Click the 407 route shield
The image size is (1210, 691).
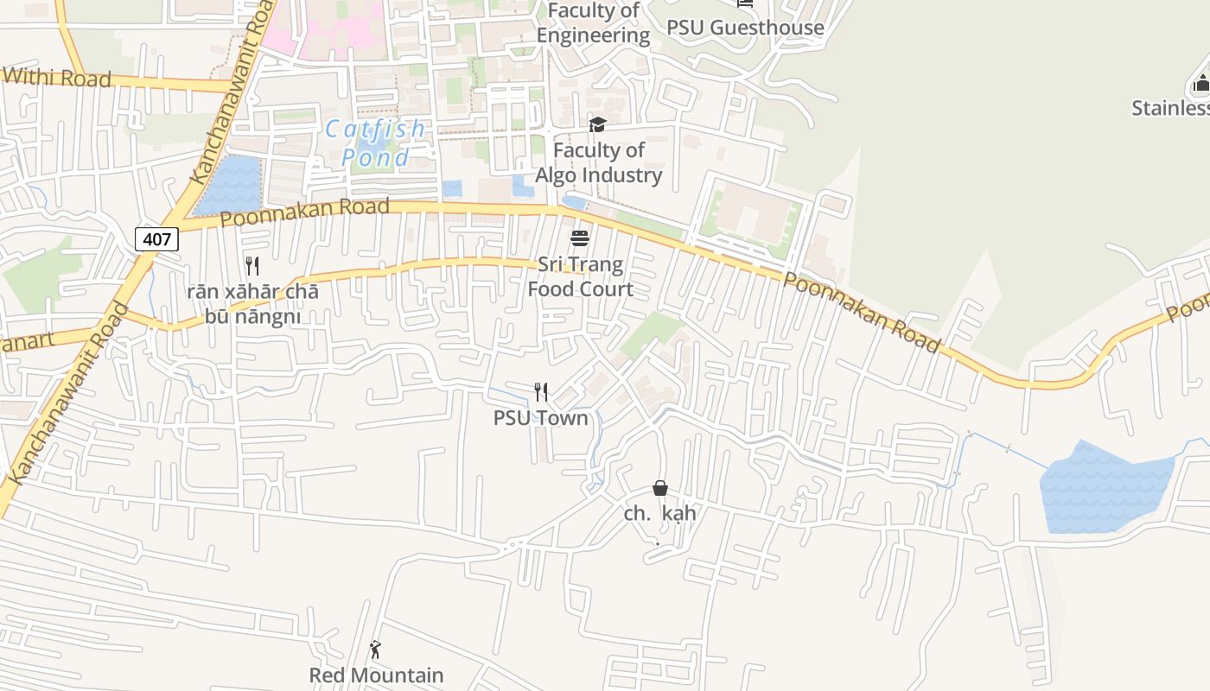point(156,238)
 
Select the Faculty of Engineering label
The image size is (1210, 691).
point(593,23)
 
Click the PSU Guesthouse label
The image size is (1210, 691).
point(745,28)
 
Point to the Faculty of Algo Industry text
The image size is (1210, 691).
point(599,162)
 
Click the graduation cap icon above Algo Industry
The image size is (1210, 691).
point(597,125)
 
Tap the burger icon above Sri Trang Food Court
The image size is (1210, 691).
point(580,238)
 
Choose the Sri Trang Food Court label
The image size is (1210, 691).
point(580,276)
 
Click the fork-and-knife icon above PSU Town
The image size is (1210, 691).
point(541,392)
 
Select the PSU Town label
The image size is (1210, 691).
point(540,418)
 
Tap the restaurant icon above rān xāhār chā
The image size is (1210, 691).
point(252,265)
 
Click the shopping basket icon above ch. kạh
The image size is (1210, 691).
point(660,488)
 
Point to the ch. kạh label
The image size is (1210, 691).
point(660,513)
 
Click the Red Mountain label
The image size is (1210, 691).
point(376,675)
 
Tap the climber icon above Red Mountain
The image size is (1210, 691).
point(375,650)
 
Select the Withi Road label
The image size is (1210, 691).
point(56,78)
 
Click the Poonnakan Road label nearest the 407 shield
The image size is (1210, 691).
point(304,212)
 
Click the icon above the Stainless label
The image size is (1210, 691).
point(1200,84)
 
